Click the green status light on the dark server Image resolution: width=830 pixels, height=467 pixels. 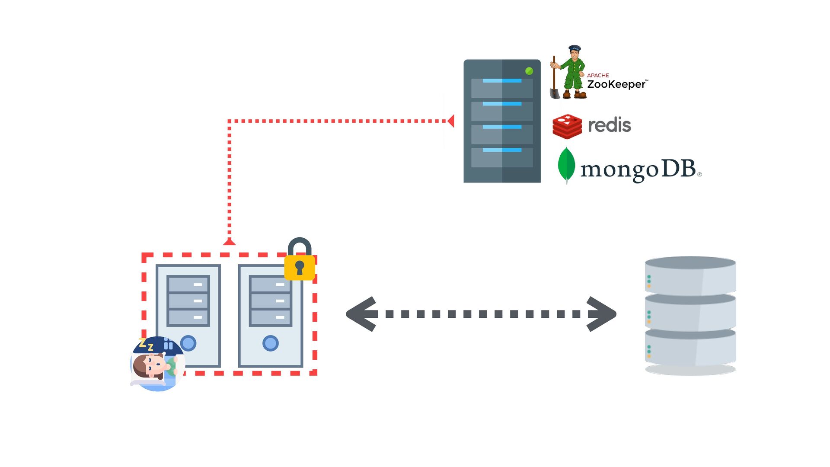529,71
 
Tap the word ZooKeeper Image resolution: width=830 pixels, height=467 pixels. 616,84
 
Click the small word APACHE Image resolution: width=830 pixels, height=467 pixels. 598,75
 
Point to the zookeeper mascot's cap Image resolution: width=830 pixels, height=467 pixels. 575,48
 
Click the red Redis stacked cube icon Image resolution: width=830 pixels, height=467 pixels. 567,126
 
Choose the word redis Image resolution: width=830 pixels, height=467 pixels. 610,125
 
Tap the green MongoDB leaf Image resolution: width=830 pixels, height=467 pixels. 566,165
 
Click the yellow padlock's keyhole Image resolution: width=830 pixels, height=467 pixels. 300,268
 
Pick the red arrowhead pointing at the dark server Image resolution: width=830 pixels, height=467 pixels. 450,121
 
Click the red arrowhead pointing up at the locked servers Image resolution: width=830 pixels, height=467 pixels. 229,242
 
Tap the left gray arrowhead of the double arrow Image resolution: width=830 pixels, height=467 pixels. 361,314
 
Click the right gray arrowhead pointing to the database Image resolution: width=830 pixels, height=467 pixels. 602,314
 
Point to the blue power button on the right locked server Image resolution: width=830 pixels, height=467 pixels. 271,343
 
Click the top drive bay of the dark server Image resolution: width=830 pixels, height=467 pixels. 502,88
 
